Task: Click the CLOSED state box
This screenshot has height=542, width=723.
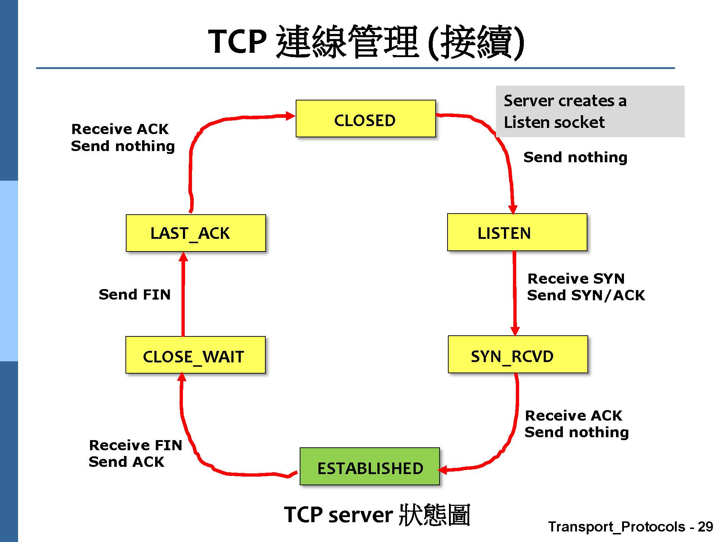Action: [365, 119]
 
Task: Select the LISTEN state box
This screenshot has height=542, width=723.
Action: [517, 232]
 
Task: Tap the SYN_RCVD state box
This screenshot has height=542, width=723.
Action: [518, 354]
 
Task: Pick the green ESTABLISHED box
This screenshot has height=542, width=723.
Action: [369, 466]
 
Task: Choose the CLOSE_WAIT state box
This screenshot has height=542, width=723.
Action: [195, 355]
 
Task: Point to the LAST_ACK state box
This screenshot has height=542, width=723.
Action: [196, 233]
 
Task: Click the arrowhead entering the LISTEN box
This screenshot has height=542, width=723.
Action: [513, 209]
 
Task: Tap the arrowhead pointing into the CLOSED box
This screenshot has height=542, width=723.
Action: [290, 116]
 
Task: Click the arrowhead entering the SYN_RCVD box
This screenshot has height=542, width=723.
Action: [515, 331]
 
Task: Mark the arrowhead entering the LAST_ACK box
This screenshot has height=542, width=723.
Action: [183, 257]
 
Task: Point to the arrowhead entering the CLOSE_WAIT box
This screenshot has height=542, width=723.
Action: [182, 378]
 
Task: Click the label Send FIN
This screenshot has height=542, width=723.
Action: [134, 294]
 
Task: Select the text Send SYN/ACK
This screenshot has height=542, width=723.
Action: [586, 296]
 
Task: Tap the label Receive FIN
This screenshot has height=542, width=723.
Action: [136, 445]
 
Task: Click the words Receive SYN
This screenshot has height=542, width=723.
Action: [576, 279]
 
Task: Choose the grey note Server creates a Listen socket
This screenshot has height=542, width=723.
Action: [590, 111]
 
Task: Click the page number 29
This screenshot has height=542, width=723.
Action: [705, 527]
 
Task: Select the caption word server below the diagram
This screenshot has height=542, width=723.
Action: [360, 515]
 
